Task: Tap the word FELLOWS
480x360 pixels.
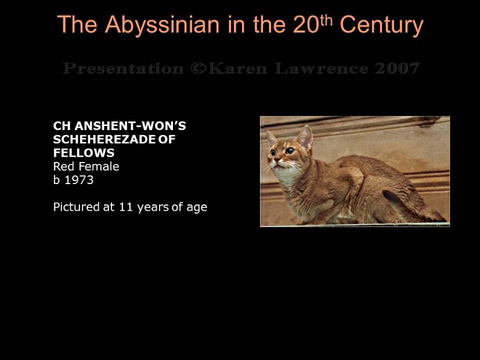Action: click(84, 153)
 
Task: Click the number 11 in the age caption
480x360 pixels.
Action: click(127, 207)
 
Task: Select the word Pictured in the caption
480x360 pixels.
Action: click(77, 207)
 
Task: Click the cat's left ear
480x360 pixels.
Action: click(305, 136)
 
